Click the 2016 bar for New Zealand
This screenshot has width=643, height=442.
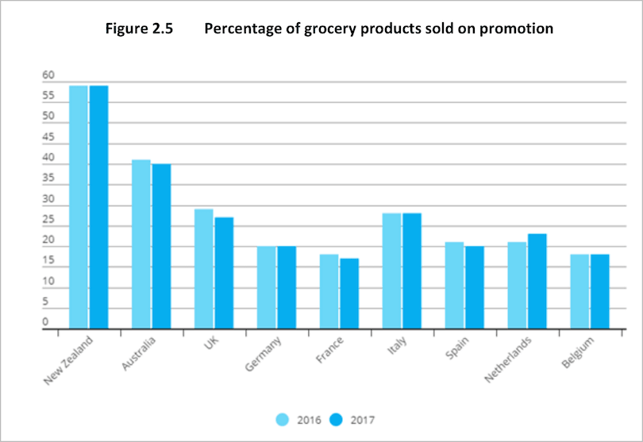[x=78, y=206]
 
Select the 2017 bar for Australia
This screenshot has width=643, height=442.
[x=161, y=246]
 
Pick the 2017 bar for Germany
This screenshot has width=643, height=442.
[x=287, y=287]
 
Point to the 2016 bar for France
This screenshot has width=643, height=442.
[x=329, y=291]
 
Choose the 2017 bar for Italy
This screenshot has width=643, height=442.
[x=412, y=271]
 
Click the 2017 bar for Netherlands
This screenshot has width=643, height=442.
[x=537, y=281]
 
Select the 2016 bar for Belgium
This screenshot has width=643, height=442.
[x=579, y=291]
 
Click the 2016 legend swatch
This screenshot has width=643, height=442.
[x=282, y=418]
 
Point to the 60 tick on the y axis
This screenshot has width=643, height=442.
[x=48, y=75]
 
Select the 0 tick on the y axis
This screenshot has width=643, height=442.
[x=45, y=322]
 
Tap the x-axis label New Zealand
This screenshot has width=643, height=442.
[x=69, y=361]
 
